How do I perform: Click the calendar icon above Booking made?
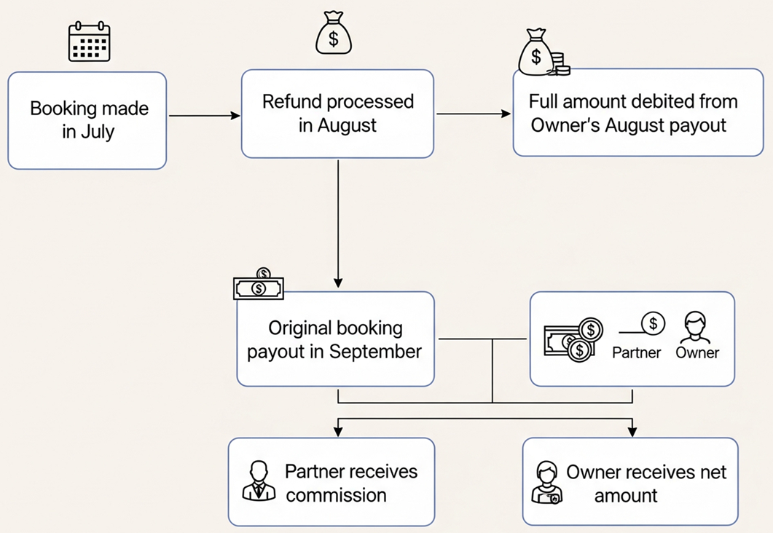click(89, 42)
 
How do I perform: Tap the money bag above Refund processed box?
click(334, 33)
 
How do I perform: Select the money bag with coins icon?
click(544, 52)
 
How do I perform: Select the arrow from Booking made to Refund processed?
click(204, 116)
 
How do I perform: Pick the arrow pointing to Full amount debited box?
click(474, 114)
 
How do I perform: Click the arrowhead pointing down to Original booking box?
click(338, 283)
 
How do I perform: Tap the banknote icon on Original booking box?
click(259, 285)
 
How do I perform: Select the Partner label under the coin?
click(637, 352)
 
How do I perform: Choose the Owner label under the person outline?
click(697, 352)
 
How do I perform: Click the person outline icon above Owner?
click(695, 328)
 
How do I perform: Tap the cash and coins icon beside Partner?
click(573, 339)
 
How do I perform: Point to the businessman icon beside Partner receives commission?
click(259, 481)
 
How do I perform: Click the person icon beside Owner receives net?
click(546, 482)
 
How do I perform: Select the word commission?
click(336, 495)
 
